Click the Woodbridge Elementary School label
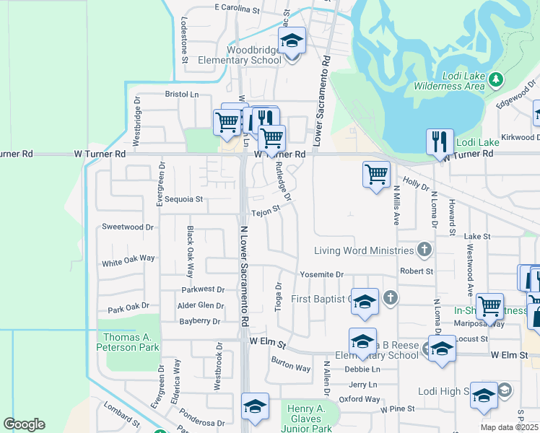[254, 56]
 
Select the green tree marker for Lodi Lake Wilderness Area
[495, 78]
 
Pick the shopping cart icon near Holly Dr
[376, 175]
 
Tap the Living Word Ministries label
[364, 250]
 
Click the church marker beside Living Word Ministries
[424, 250]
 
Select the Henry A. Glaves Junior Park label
[310, 413]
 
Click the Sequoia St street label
[186, 199]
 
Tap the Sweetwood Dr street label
[128, 227]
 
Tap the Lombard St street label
[121, 417]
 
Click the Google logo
[24, 424]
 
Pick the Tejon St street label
[265, 213]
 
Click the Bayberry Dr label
[199, 321]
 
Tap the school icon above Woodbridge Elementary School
[292, 42]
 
